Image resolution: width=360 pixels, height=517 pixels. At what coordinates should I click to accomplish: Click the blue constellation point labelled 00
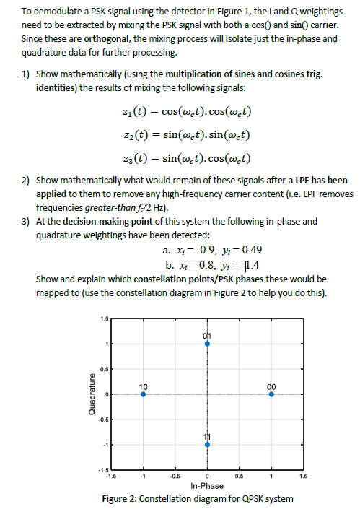click(271, 394)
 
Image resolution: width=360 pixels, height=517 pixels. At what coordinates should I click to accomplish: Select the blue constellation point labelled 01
click(207, 344)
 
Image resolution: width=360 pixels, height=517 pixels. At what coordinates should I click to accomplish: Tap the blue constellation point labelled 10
click(143, 394)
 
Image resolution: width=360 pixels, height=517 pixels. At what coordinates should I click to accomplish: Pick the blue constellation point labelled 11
click(207, 444)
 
